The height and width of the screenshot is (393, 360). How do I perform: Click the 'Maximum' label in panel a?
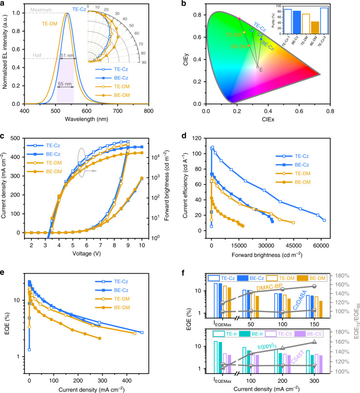(x=34, y=8)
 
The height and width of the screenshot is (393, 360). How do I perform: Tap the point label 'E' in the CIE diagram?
(x=261, y=70)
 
